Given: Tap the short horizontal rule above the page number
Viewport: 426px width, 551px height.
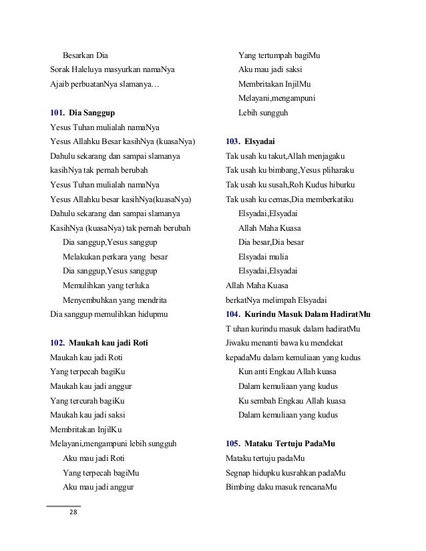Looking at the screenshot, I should click(x=63, y=506).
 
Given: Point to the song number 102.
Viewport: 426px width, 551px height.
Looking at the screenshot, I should click(x=57, y=344).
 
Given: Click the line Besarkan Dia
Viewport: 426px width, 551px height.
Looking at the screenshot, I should click(x=85, y=55).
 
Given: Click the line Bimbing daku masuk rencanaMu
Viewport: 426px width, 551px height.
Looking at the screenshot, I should click(x=280, y=487).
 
